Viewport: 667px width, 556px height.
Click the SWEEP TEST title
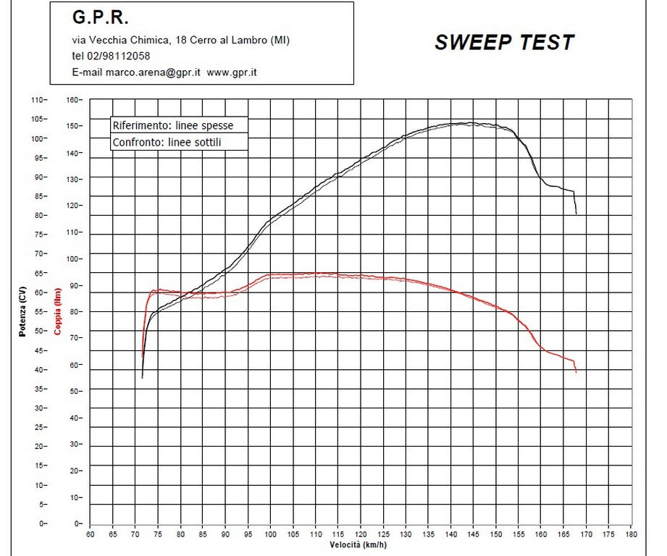point(504,43)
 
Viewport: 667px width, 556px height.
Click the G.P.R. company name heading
point(100,17)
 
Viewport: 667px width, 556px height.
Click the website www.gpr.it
point(232,72)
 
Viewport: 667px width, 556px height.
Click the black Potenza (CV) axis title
point(22,311)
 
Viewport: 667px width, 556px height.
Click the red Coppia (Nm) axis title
point(58,311)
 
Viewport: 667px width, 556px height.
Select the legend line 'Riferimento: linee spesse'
point(172,125)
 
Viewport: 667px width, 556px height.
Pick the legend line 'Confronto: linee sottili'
point(167,143)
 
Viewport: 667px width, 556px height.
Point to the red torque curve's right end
point(576,372)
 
